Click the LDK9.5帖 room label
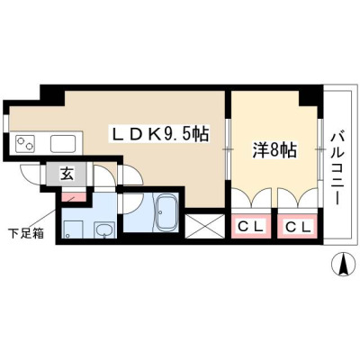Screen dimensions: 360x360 [160, 134]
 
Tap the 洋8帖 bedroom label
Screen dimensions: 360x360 [274, 151]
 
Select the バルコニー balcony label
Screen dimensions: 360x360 [337, 169]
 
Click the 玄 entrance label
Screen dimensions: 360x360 [67, 174]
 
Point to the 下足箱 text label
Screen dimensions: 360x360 [26, 233]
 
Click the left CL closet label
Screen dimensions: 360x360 [250, 227]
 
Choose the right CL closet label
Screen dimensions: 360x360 [297, 227]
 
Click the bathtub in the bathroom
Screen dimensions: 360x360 [166, 212]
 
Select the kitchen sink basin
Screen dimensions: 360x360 [63, 144]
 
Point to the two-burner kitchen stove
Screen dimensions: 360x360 [25, 144]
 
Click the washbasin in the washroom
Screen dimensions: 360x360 [103, 230]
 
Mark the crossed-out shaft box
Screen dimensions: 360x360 [205, 226]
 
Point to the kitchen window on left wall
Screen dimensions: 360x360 [6, 120]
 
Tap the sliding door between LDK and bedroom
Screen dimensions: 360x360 [228, 149]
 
